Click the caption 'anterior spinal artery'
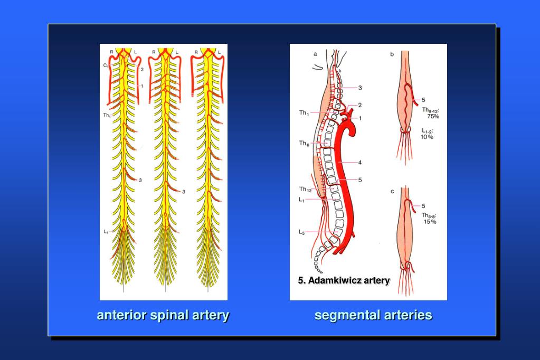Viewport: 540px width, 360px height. pos(163,315)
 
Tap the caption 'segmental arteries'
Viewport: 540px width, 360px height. pos(373,315)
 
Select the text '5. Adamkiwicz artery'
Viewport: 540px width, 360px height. pos(344,280)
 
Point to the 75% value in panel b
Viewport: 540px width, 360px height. pos(433,116)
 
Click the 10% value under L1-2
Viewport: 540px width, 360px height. pos(427,137)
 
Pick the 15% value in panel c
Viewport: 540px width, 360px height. pos(430,222)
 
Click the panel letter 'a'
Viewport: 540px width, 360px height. pos(315,53)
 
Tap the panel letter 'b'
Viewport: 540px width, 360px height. pos(392,54)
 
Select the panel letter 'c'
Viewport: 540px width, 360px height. pos(392,191)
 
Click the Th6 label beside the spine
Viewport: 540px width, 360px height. pos(304,143)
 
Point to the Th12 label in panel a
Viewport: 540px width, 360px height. pos(305,189)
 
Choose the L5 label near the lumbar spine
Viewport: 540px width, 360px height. pos(302,232)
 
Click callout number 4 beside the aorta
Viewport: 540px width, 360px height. pos(360,162)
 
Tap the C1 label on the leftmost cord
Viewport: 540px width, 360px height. pos(106,65)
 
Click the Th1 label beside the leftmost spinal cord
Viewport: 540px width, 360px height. pos(107,115)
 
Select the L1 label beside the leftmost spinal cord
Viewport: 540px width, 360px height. pos(106,231)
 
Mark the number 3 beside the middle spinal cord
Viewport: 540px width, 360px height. pos(184,192)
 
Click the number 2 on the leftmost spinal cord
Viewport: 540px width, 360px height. pos(143,69)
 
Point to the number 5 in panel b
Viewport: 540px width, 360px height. pos(423,99)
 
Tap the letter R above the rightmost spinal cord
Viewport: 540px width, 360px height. pos(196,52)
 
